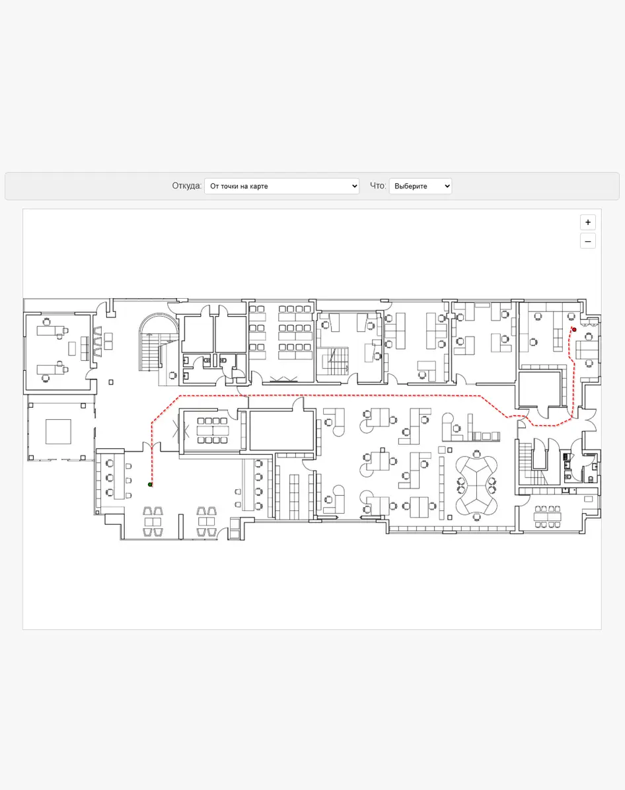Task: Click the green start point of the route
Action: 150,485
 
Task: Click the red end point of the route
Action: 574,329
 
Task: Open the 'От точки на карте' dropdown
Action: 281,186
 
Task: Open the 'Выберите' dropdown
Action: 420,186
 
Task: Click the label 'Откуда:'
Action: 186,186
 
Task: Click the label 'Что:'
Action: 378,186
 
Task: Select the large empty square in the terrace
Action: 58,432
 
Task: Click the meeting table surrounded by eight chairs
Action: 213,431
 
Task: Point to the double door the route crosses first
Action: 151,446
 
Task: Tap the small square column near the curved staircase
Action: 111,382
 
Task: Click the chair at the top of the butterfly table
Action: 476,454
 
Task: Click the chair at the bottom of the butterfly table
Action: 476,516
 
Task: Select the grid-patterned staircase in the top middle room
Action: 335,361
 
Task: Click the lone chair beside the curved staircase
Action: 173,375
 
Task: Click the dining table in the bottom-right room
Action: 548,517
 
